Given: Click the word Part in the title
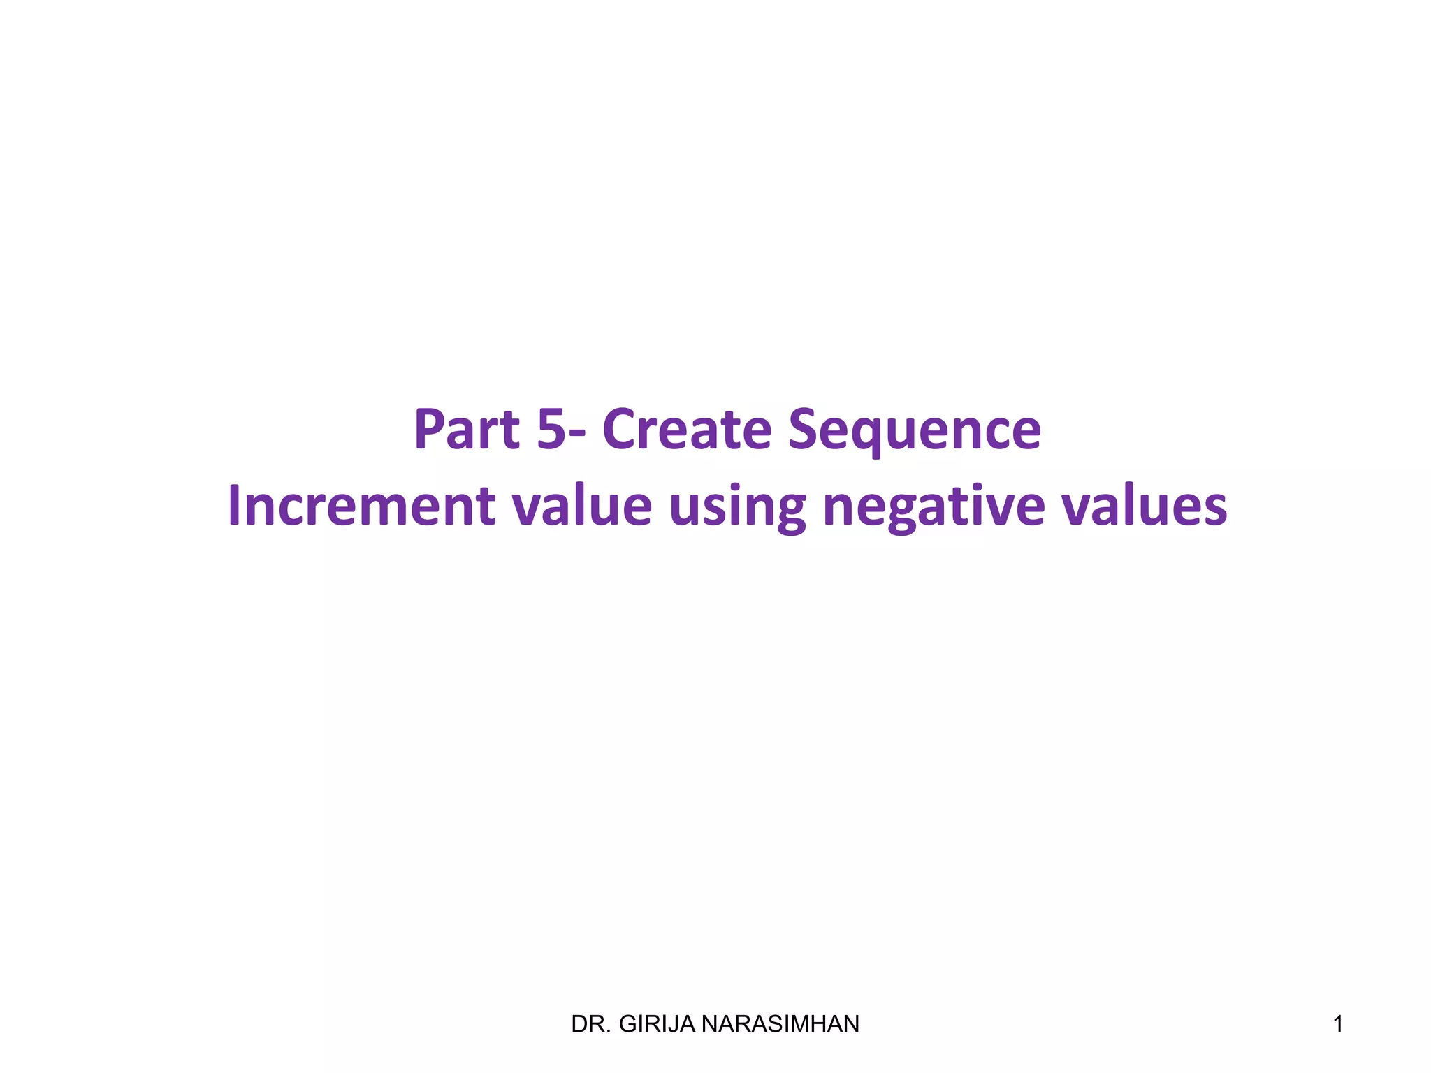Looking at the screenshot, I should [467, 429].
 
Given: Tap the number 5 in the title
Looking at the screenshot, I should [551, 429].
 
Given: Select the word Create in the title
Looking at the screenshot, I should [686, 429].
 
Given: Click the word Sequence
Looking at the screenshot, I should [914, 430].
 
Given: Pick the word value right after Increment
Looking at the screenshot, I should [582, 506].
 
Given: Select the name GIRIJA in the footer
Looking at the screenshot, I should [658, 1024].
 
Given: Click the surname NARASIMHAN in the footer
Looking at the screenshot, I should [780, 1024].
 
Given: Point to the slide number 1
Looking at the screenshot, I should [1337, 1024].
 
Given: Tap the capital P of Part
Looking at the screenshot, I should [429, 429].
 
